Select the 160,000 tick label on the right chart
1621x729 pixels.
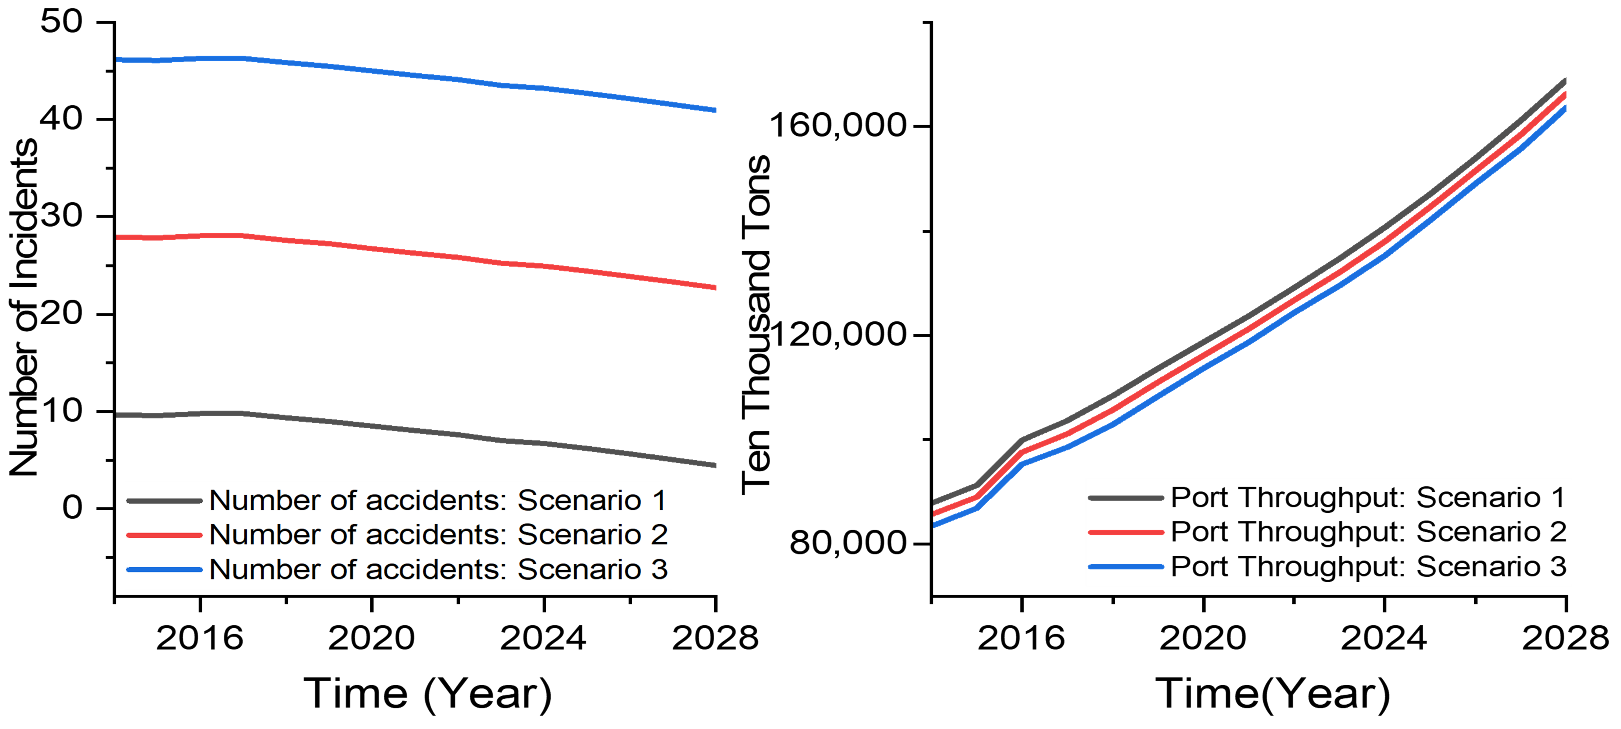coord(837,125)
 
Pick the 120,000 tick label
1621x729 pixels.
coord(837,334)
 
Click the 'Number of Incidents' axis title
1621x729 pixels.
coord(24,307)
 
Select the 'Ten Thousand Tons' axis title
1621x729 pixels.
coord(755,324)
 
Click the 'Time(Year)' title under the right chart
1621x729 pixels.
coord(1272,694)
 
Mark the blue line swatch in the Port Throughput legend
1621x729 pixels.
coord(1126,567)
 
